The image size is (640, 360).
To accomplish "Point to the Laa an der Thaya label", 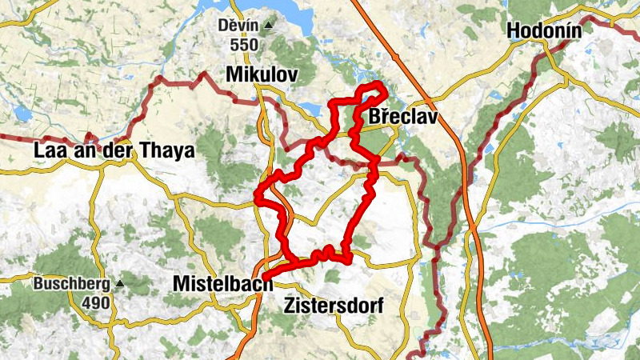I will click(x=114, y=150).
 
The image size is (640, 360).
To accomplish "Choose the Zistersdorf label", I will click(x=334, y=306).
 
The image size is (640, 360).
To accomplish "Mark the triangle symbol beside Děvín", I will click(x=268, y=26).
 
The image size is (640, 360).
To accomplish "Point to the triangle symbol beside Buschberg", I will click(x=120, y=283).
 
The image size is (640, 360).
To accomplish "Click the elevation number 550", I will click(x=244, y=45).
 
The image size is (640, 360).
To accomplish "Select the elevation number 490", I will click(x=96, y=303).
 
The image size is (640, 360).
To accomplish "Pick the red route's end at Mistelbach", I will click(x=264, y=278).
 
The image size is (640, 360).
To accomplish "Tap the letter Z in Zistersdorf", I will click(x=290, y=306).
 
